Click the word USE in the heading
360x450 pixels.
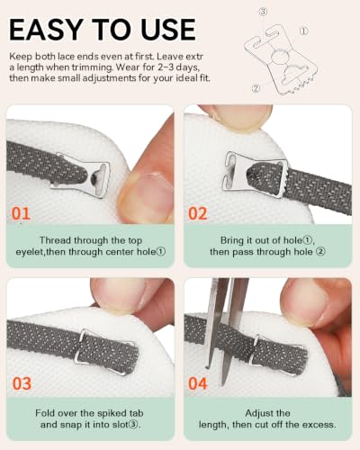[x=168, y=30]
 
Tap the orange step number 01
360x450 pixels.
[x=21, y=213]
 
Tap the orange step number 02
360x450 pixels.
[x=198, y=213]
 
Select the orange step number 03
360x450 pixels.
[x=22, y=383]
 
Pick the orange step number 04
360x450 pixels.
[x=198, y=383]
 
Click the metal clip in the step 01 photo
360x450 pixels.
[x=81, y=175]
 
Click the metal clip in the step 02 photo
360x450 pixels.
[x=255, y=174]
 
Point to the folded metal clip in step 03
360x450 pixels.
[x=105, y=352]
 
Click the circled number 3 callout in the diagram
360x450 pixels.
[x=263, y=12]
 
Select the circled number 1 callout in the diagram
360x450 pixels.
[x=303, y=31]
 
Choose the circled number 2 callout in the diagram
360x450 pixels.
[x=256, y=89]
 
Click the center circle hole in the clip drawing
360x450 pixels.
[x=280, y=57]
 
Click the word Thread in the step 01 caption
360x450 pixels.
[x=56, y=240]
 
